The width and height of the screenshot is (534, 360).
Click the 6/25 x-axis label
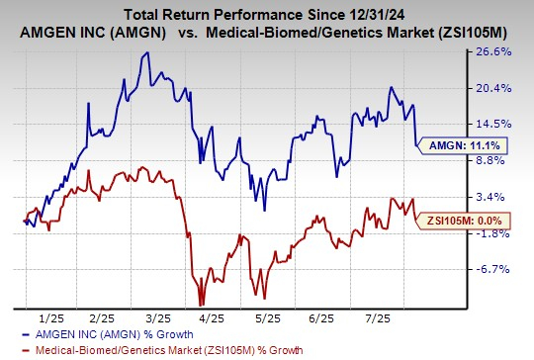coord(325,316)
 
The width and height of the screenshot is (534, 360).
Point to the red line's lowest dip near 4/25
coord(201,303)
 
